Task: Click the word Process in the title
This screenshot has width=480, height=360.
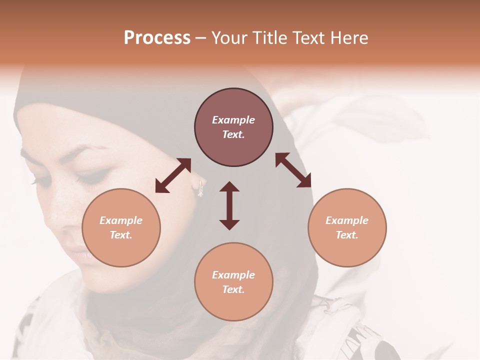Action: [x=157, y=38]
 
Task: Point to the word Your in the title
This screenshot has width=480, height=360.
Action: [x=228, y=38]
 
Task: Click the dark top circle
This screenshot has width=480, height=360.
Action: [x=233, y=127]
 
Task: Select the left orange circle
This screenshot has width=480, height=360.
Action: [x=121, y=227]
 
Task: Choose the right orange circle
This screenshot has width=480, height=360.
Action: [x=347, y=227]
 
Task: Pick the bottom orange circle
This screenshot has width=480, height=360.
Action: [x=233, y=282]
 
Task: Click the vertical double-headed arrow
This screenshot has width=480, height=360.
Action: [x=229, y=205]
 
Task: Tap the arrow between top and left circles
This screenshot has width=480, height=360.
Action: [x=173, y=175]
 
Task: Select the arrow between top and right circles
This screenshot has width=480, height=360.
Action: [x=293, y=170]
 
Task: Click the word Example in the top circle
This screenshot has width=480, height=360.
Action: [x=233, y=120]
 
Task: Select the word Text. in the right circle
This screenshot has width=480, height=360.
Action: [x=347, y=235]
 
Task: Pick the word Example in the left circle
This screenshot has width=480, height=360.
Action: [x=121, y=220]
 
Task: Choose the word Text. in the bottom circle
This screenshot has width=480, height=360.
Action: [x=233, y=289]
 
